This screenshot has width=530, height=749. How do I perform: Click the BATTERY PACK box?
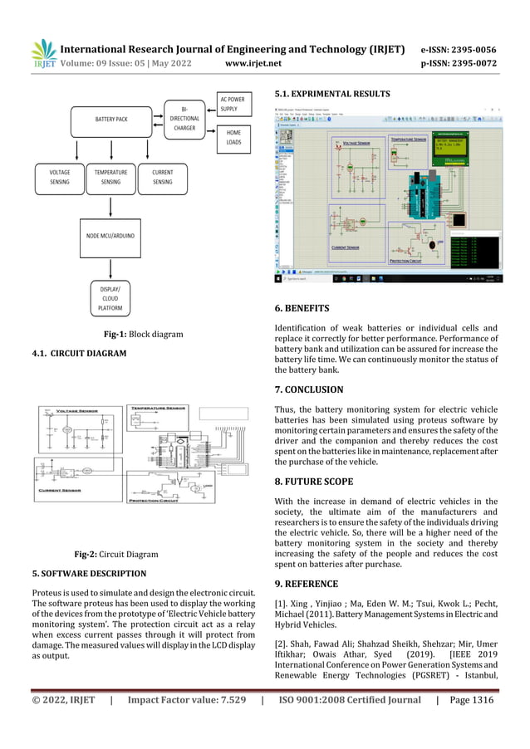(x=110, y=120)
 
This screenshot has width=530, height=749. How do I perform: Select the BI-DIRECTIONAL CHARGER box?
(x=184, y=119)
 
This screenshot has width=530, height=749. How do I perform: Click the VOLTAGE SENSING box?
(x=59, y=177)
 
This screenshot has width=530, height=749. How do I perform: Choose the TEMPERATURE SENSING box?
(x=110, y=177)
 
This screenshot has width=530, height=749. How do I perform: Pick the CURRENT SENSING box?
(x=163, y=177)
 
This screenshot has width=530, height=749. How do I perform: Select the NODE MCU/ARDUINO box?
(x=110, y=236)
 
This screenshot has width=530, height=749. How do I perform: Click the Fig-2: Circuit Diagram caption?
(x=116, y=554)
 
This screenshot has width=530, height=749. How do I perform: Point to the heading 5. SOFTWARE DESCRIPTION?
(x=88, y=574)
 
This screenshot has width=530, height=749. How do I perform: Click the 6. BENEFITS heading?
(x=302, y=309)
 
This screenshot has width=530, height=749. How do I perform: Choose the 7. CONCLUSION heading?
(x=308, y=389)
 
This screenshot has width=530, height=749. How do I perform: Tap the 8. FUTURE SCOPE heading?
(x=314, y=482)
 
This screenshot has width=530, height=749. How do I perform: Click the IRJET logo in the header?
(x=43, y=54)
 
